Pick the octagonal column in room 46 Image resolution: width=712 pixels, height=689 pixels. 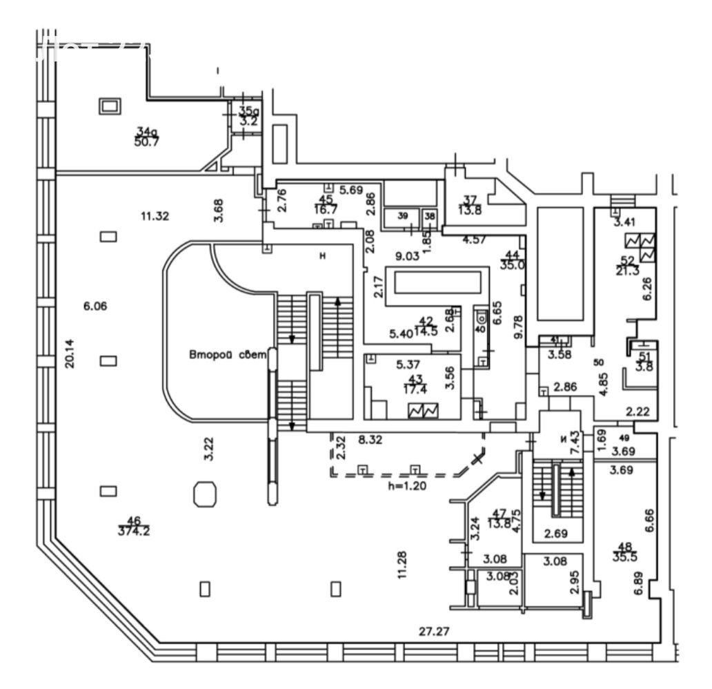click(x=205, y=494)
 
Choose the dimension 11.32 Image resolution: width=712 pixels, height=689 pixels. click(x=155, y=216)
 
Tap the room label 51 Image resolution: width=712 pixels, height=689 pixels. click(x=644, y=356)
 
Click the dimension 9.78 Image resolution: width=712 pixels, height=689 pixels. click(x=520, y=326)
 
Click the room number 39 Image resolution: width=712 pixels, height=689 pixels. click(x=404, y=216)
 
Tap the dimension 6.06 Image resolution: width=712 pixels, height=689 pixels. click(x=96, y=306)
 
